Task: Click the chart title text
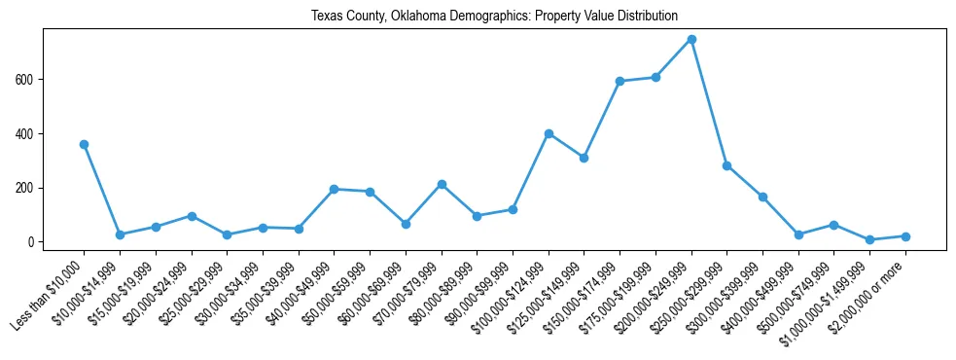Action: (x=494, y=17)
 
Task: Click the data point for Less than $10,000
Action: (x=84, y=144)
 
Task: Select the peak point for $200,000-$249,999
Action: (x=691, y=39)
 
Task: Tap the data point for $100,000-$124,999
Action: (x=549, y=133)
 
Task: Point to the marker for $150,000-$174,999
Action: (x=620, y=81)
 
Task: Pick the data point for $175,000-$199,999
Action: (x=655, y=77)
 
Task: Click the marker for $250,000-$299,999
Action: (x=727, y=165)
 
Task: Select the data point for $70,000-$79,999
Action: (x=442, y=184)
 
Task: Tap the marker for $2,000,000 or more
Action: (x=905, y=236)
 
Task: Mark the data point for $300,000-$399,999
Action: (x=762, y=197)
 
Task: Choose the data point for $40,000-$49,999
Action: (x=334, y=189)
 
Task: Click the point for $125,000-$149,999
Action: (x=584, y=158)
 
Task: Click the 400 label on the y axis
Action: (x=26, y=133)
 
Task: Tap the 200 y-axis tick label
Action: (x=26, y=188)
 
